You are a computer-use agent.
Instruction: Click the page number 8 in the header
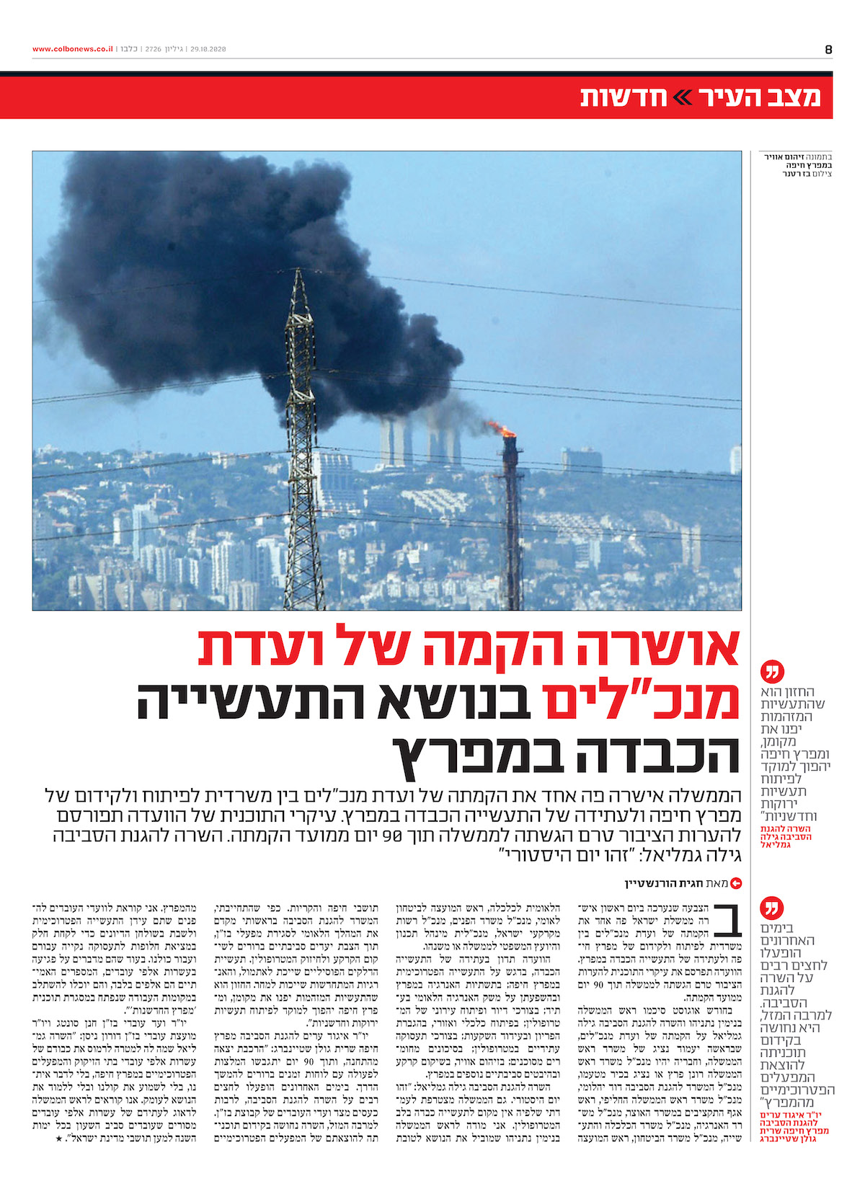pyautogui.click(x=828, y=50)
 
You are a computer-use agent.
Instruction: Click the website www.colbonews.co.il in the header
pyautogui.click(x=72, y=49)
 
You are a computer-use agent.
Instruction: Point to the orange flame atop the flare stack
pyautogui.click(x=502, y=430)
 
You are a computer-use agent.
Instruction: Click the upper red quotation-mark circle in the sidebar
pyautogui.click(x=771, y=673)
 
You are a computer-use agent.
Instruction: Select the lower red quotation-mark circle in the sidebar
pyautogui.click(x=771, y=908)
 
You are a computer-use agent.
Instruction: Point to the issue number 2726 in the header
pyautogui.click(x=153, y=49)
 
